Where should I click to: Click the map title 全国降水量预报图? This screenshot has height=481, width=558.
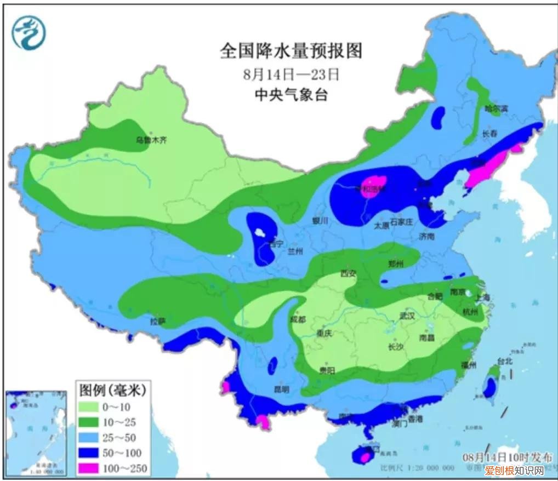(291, 51)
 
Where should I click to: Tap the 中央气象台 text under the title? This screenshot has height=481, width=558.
(291, 95)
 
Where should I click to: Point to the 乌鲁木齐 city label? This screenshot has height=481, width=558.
(151, 140)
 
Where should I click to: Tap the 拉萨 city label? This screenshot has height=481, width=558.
(158, 322)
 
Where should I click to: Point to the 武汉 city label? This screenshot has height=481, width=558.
(407, 316)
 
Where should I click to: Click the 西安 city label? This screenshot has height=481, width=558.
(349, 273)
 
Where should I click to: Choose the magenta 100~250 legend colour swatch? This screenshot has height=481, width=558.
(90, 467)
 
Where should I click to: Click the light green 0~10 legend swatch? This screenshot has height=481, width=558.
(90, 406)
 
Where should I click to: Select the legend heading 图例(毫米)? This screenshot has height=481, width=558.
(112, 390)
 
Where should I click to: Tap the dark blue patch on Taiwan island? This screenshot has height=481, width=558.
(489, 388)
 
